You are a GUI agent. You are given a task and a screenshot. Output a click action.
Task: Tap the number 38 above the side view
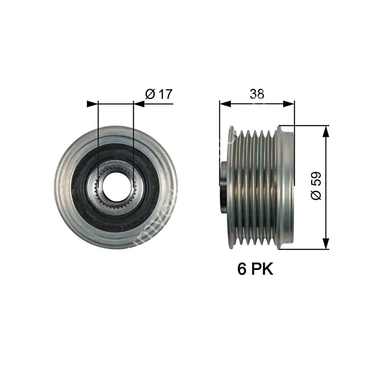pos(257,94)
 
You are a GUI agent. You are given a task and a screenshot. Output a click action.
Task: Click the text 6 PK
pos(255,269)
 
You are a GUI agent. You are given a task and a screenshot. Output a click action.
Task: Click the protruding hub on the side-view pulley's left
pos(224,187)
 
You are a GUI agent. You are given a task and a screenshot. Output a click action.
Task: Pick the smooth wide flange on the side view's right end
pos(286,187)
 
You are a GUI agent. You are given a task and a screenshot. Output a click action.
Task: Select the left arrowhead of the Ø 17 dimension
pos(92,104)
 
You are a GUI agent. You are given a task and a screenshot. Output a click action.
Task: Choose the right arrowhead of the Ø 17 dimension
pos(139,104)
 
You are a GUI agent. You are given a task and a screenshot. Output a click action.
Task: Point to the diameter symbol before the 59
pos(316,195)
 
